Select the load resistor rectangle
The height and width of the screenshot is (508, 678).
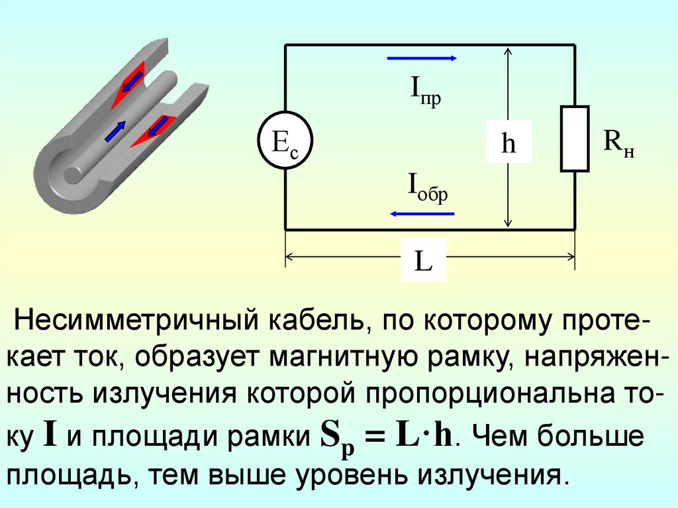click(575, 138)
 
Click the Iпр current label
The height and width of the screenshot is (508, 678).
click(424, 94)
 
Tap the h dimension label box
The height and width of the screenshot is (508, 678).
click(508, 142)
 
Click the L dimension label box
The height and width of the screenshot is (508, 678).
click(423, 262)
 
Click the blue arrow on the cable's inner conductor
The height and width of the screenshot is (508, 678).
click(115, 130)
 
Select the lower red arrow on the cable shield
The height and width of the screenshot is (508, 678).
click(154, 128)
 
